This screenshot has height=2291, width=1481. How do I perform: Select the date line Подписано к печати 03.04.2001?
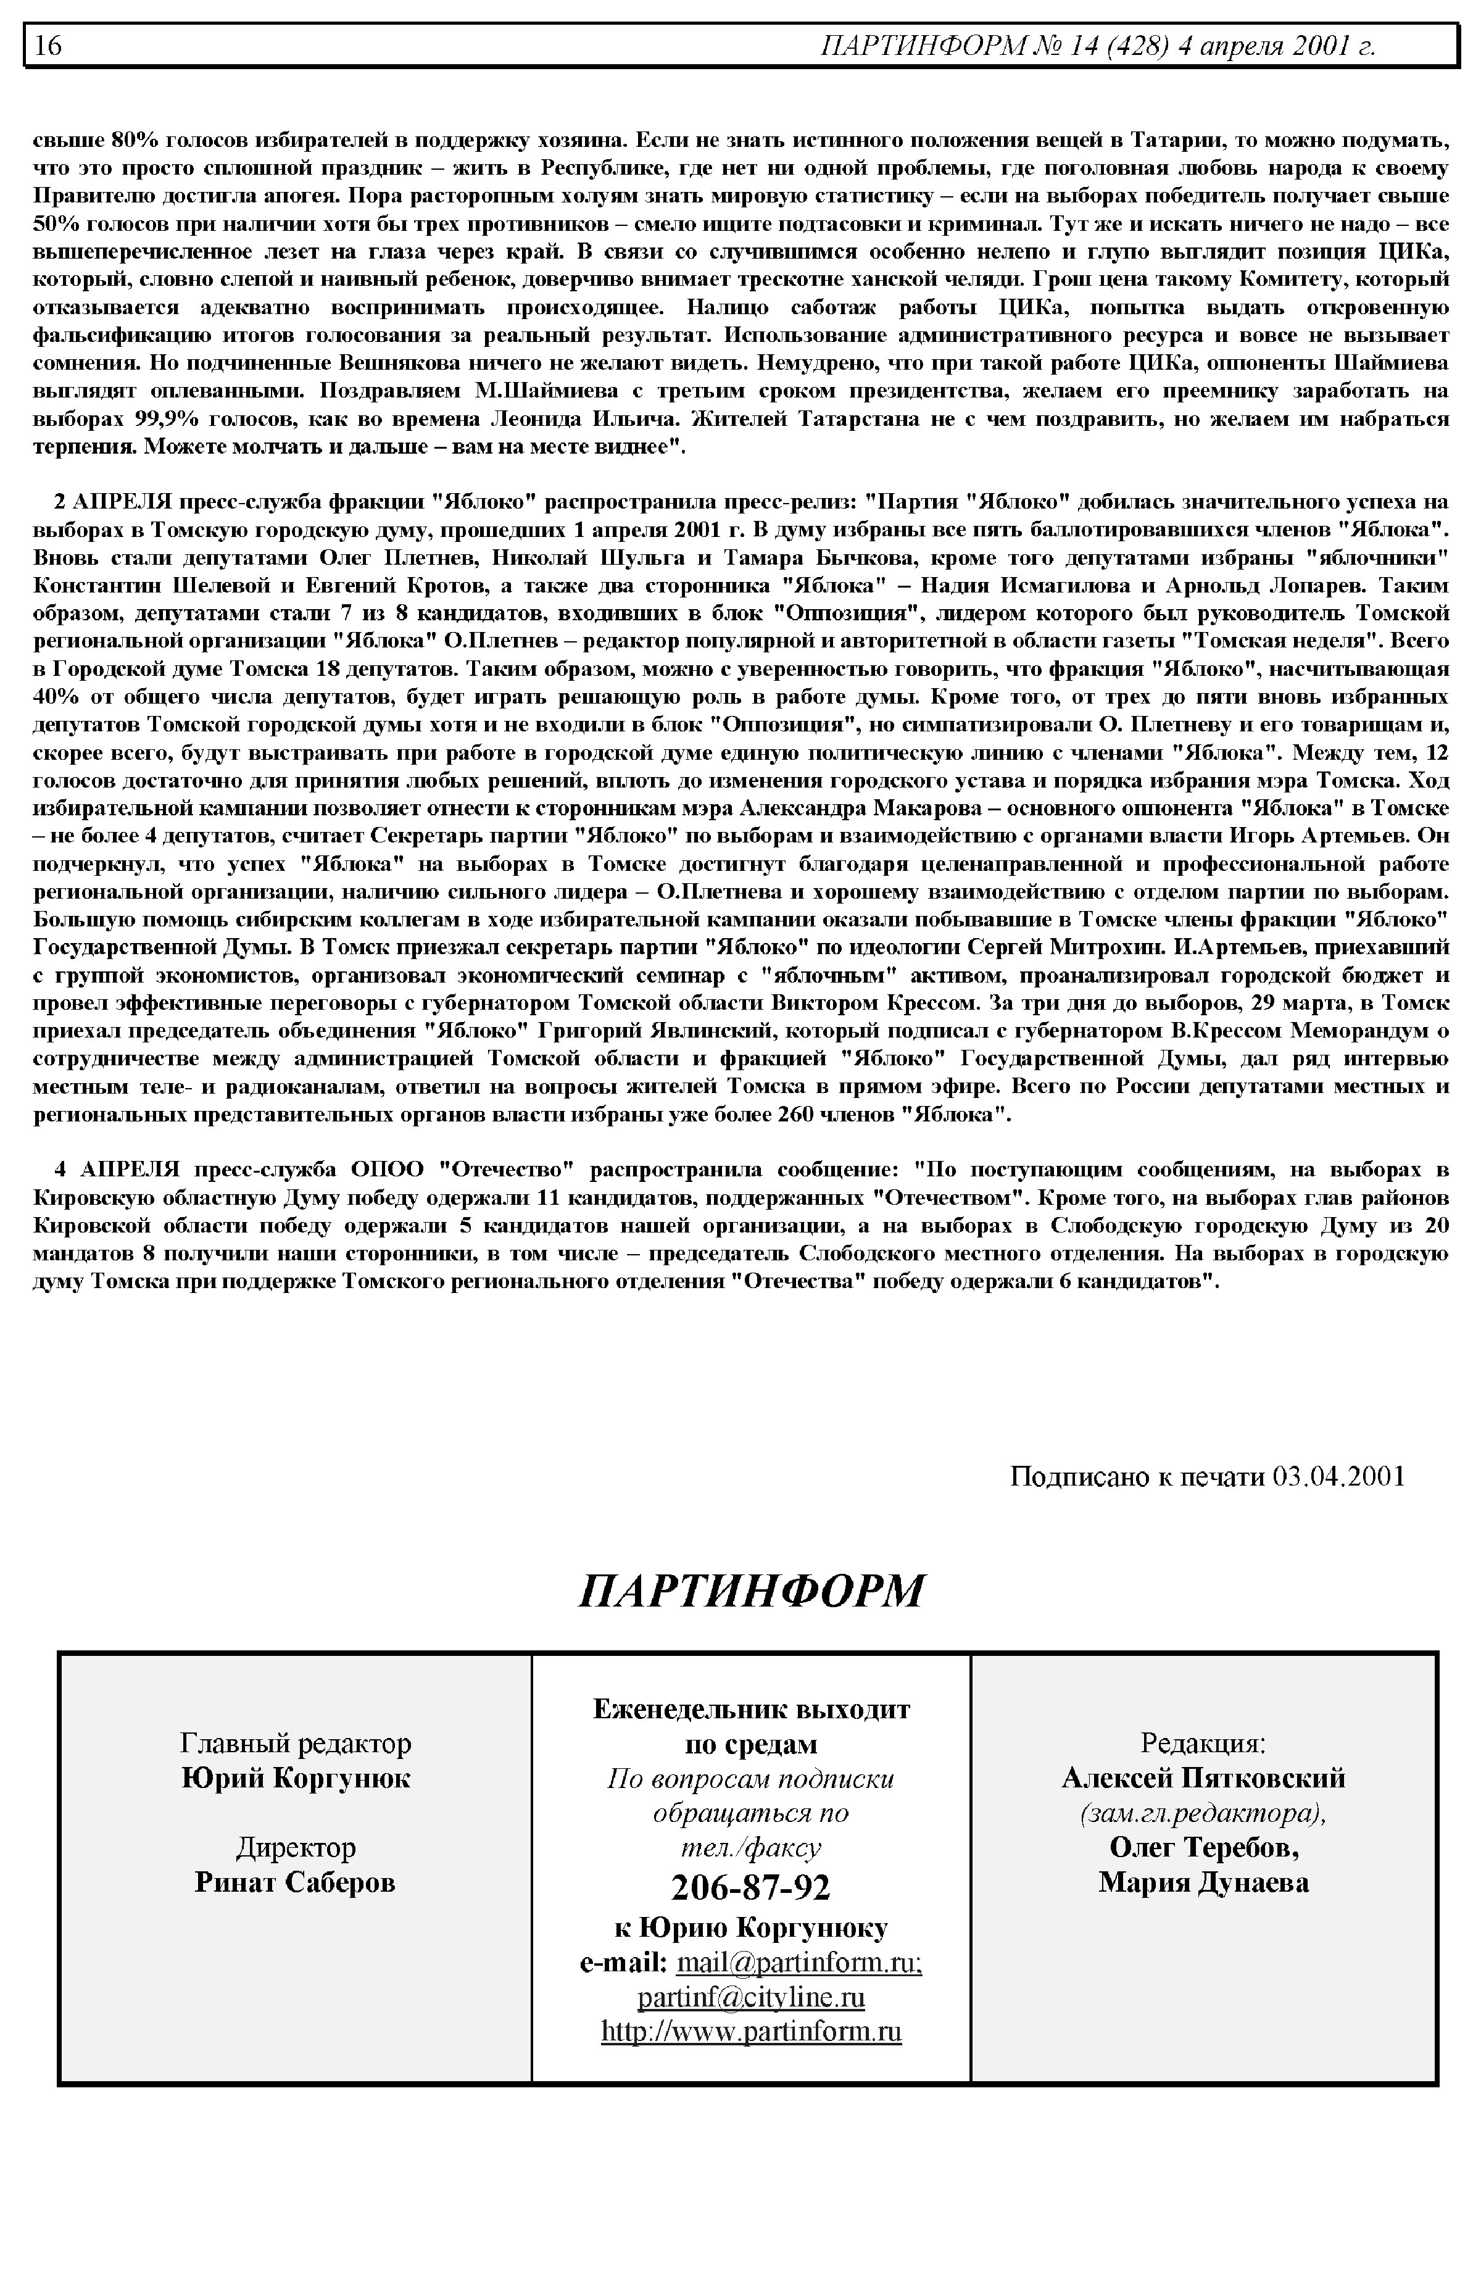(x=1207, y=1476)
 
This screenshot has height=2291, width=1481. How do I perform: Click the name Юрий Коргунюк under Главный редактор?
(x=295, y=1778)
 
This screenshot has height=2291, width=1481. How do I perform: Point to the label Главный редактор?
(x=295, y=1743)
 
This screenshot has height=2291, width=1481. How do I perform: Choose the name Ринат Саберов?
(x=295, y=1882)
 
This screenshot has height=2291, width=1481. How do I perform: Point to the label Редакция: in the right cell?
(x=1203, y=1743)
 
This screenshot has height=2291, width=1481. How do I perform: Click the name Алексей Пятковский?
(x=1203, y=1778)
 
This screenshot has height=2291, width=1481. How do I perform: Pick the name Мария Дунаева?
(x=1203, y=1882)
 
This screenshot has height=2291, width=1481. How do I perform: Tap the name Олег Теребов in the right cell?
(x=1203, y=1848)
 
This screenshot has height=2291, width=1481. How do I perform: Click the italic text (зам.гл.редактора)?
(x=1203, y=1813)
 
